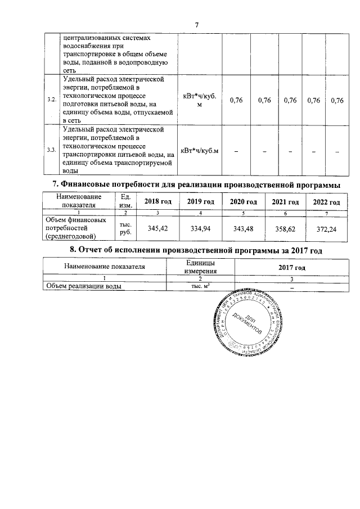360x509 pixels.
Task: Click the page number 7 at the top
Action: tap(197, 25)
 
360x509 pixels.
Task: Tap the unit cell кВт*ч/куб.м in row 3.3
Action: tap(199, 150)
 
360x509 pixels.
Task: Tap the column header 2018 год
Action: tap(157, 202)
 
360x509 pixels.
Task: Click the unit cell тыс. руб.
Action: tap(126, 227)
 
